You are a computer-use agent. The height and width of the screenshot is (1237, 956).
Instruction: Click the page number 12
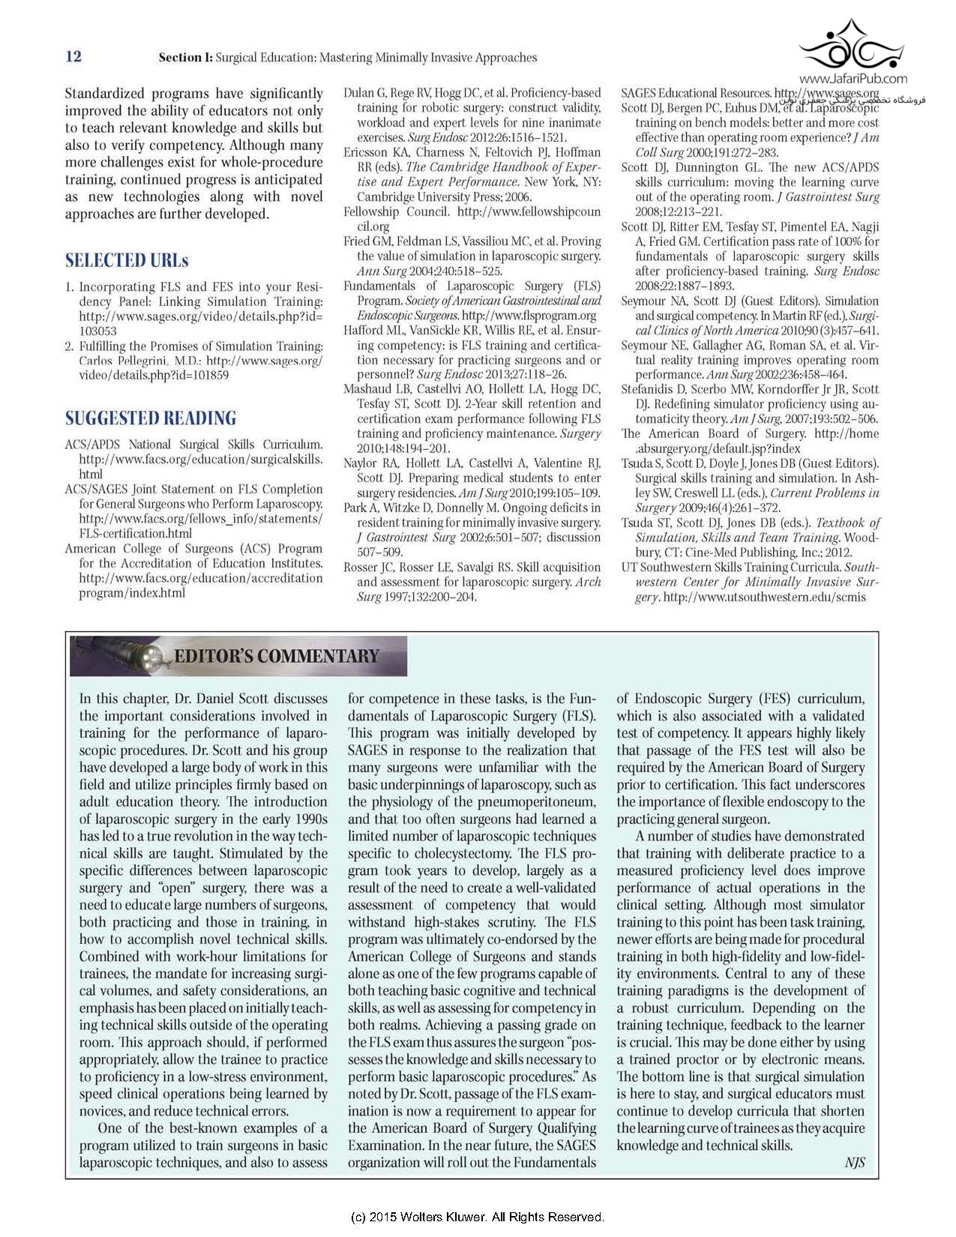tap(73, 57)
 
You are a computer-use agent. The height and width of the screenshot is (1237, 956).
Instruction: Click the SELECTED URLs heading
tap(126, 261)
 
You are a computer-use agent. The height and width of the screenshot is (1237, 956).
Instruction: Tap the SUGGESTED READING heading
tap(150, 418)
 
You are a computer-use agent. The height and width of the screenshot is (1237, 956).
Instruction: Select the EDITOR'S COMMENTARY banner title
tap(276, 657)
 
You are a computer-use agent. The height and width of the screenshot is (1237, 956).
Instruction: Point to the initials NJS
tap(854, 1162)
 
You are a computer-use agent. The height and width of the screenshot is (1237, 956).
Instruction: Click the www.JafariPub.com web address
tap(853, 79)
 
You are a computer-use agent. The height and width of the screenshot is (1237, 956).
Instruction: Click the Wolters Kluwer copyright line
tap(477, 1217)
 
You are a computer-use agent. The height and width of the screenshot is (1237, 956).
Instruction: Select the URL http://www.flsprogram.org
tap(529, 316)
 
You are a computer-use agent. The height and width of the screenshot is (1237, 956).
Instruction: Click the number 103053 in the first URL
tap(97, 331)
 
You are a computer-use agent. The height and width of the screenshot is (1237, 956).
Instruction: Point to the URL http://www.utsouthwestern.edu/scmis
tap(764, 598)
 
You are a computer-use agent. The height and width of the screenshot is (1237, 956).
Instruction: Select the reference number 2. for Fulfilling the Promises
tap(69, 346)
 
